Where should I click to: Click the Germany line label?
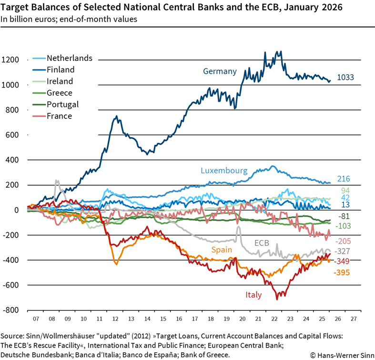coord(220,71)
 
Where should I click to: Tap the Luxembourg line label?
coord(224,170)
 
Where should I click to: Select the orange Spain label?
coord(222,250)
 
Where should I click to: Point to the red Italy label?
coord(253,295)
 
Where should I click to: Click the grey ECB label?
coord(262,243)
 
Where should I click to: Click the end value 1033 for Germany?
coord(345,78)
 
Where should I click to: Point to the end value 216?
coord(344,179)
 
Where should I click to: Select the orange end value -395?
coord(343,272)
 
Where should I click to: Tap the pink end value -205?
coord(343,241)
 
